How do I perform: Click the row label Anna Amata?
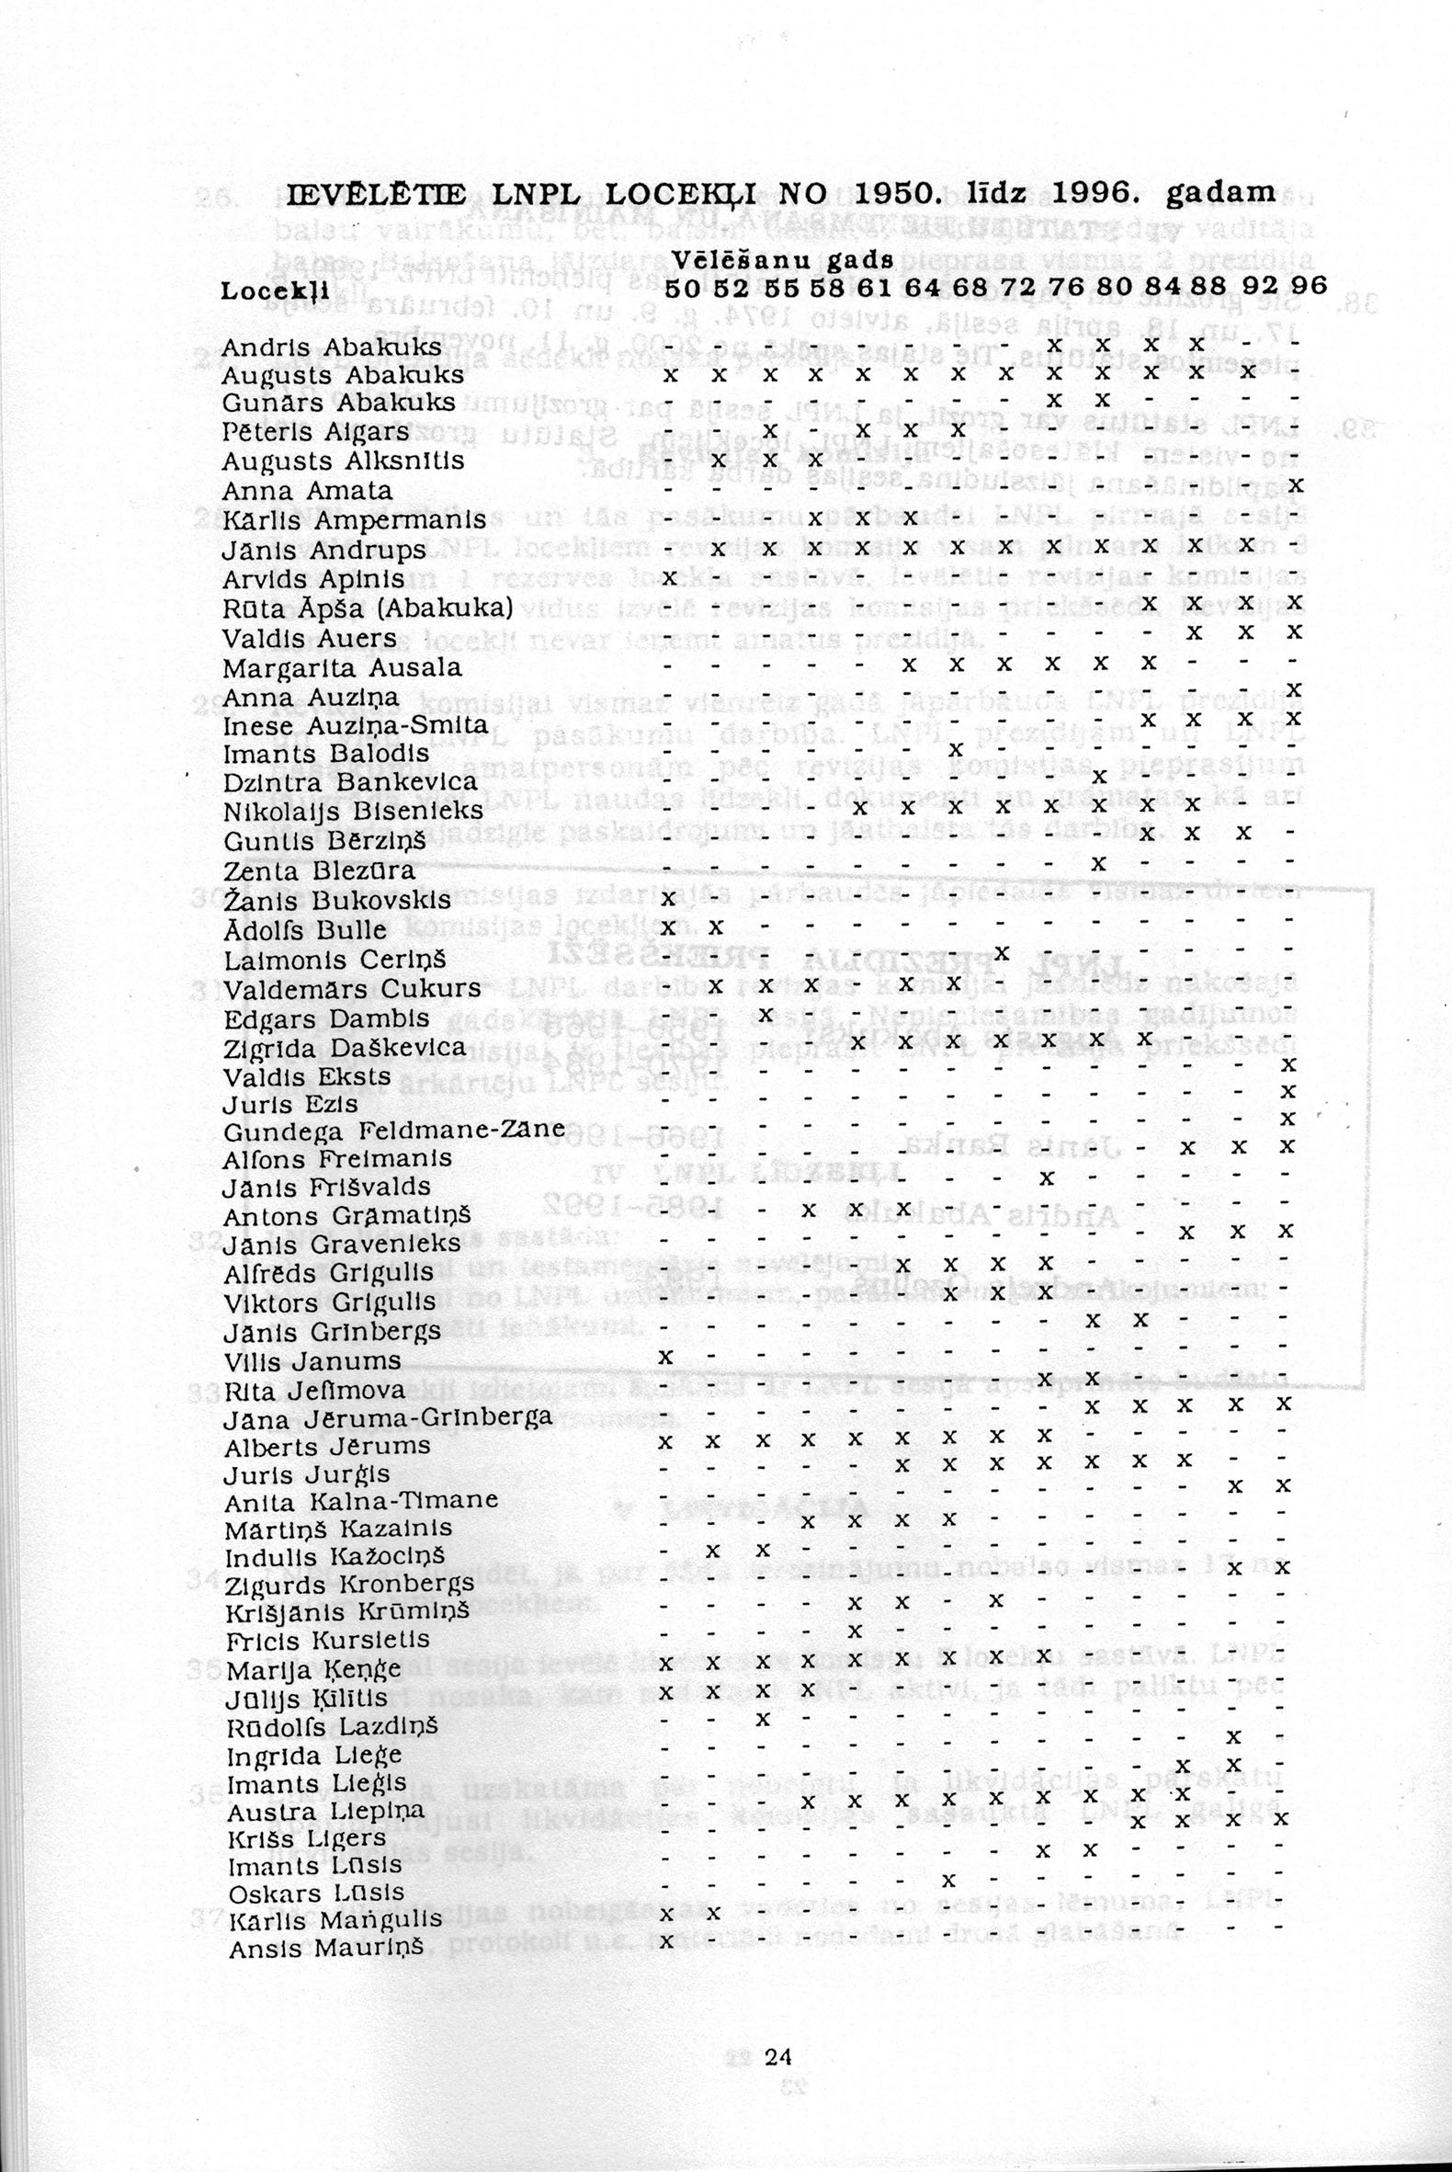[308, 490]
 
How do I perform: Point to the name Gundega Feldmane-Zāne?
[393, 1131]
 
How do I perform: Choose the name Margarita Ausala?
[342, 668]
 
